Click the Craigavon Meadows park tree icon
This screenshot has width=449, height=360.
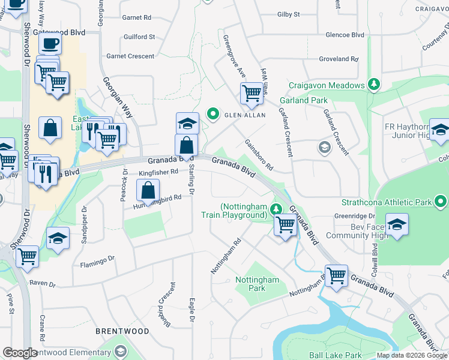(x=374, y=85)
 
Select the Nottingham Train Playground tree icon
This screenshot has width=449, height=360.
(x=276, y=209)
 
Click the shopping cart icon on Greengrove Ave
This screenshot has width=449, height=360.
(x=251, y=93)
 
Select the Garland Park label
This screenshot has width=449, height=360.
(x=304, y=100)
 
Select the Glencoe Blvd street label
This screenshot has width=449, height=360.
(x=345, y=35)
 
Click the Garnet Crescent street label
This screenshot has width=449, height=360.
(x=130, y=56)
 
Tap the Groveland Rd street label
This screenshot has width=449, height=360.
(x=339, y=59)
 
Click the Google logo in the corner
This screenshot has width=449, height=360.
(x=20, y=353)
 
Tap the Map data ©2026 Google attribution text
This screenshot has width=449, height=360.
(x=411, y=355)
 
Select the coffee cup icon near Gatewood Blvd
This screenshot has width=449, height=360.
(x=50, y=43)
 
